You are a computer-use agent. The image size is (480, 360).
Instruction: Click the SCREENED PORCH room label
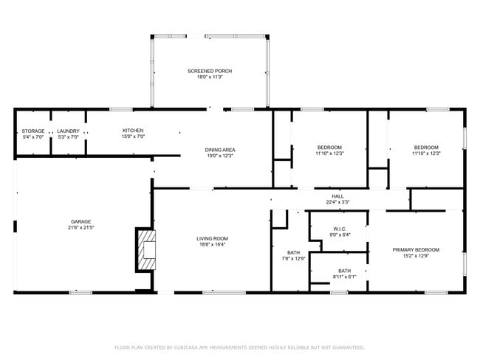pyautogui.click(x=210, y=71)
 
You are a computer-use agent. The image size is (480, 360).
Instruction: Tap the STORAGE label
pyautogui.click(x=33, y=131)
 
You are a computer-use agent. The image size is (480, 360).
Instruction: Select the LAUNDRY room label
pyautogui.click(x=68, y=131)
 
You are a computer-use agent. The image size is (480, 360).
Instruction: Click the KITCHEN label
pyautogui.click(x=133, y=131)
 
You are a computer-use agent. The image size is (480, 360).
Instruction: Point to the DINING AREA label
pyautogui.click(x=220, y=150)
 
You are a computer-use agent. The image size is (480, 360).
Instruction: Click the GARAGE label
pyautogui.click(x=80, y=221)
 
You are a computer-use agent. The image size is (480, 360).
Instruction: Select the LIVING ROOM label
pyautogui.click(x=212, y=238)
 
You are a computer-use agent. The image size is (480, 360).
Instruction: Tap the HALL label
pyautogui.click(x=337, y=196)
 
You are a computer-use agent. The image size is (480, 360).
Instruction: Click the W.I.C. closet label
pyautogui.click(x=340, y=229)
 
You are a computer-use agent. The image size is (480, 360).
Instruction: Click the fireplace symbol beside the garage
pyautogui.click(x=147, y=251)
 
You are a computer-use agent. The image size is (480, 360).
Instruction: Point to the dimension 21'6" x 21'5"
pyautogui.click(x=80, y=228)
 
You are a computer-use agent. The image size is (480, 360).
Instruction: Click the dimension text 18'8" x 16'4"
pyautogui.click(x=212, y=245)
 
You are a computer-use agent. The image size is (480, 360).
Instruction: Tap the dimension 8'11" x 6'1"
pyautogui.click(x=345, y=277)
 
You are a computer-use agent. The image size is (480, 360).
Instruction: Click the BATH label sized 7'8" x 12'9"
pyautogui.click(x=293, y=252)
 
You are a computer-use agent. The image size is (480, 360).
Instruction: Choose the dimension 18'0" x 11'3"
pyautogui.click(x=210, y=77)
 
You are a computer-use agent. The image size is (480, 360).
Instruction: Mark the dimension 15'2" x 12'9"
pyautogui.click(x=416, y=256)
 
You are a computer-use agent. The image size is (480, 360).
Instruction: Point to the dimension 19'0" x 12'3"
pyautogui.click(x=220, y=156)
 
